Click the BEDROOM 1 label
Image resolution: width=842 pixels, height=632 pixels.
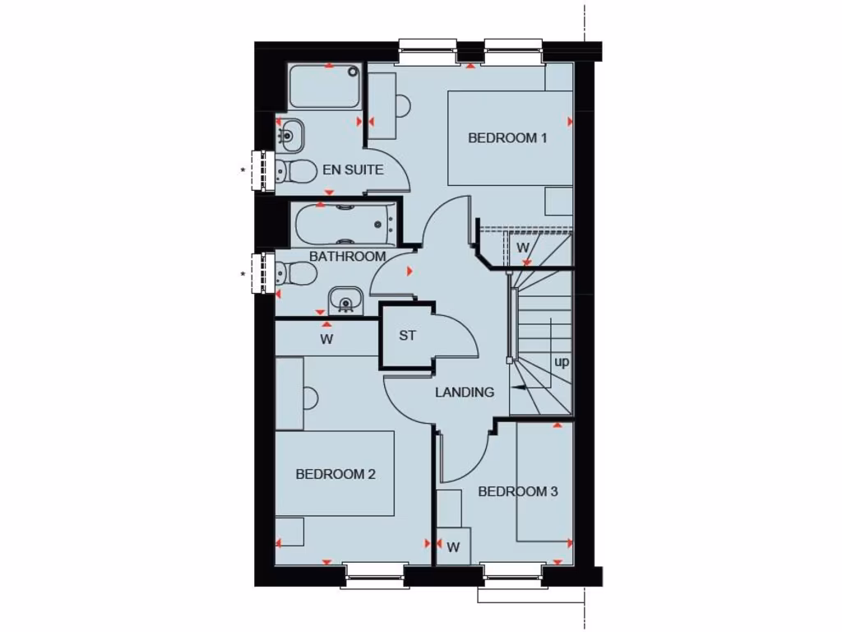pos(507,137)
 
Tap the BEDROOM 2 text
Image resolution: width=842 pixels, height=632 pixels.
pos(335,474)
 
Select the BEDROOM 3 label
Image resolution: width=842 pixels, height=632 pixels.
pos(518,491)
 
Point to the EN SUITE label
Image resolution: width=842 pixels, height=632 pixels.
pos(353,170)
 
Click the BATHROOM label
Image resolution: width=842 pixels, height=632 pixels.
pos(347,256)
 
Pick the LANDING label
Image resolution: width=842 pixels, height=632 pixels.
pos(465,393)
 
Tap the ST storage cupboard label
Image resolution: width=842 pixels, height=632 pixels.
pos(408,336)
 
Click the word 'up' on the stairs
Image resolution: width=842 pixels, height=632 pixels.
pos(562,361)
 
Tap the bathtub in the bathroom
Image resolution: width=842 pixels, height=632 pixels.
pos(344,222)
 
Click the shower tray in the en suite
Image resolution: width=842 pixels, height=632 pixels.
pos(324,87)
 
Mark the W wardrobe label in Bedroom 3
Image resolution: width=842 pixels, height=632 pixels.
pos(453,546)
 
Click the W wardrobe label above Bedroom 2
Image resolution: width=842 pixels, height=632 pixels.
pos(326,338)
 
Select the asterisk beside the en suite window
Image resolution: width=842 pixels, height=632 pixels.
pos(243,171)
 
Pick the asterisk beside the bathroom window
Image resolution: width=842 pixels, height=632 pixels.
pos(243,274)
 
